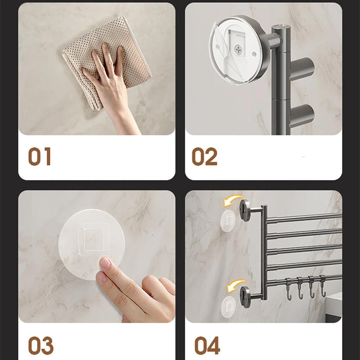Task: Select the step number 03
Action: (x=40, y=345)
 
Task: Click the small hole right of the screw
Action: (x=255, y=54)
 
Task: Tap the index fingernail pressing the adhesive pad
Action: (x=105, y=263)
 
